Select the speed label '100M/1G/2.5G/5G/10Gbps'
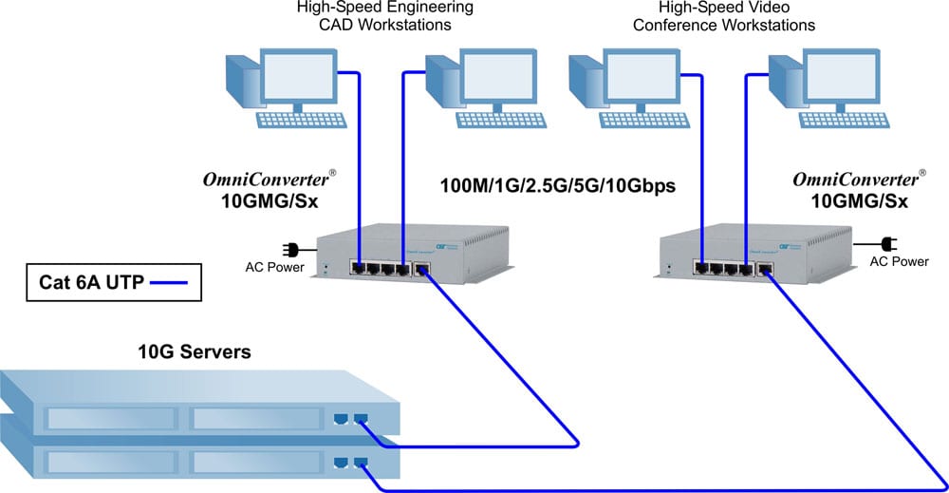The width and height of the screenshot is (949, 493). click(557, 186)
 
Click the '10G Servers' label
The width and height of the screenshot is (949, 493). click(195, 352)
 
